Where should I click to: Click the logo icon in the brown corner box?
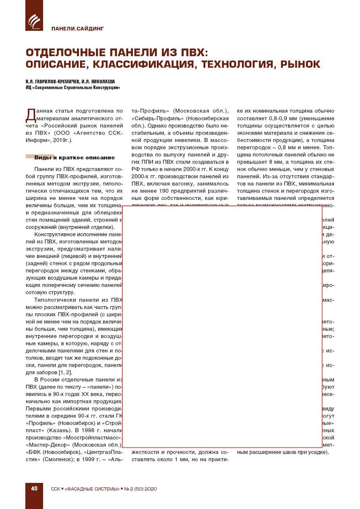[x=34, y=21]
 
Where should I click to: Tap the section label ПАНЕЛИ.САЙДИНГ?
[x=78, y=29]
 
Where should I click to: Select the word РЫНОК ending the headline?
[x=300, y=64]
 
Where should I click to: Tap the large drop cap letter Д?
[x=31, y=115]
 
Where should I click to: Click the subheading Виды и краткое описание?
[x=75, y=158]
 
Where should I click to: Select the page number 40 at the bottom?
[x=34, y=488]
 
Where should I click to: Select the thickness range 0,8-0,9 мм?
[x=283, y=118]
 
